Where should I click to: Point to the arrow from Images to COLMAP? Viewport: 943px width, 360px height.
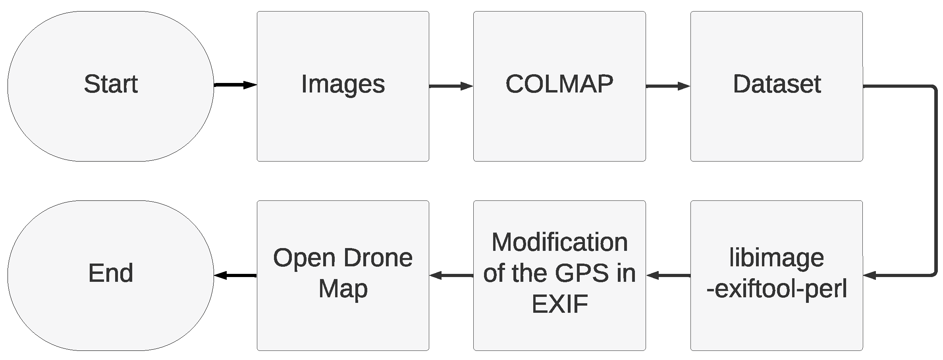[x=451, y=86]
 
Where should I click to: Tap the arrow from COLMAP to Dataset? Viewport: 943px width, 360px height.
[x=667, y=86]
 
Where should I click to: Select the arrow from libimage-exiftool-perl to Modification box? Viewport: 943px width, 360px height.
[x=668, y=275]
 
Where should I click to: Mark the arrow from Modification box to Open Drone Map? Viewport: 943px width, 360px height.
[x=451, y=275]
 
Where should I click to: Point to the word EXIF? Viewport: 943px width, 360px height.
[x=559, y=304]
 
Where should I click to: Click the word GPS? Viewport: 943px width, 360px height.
[x=581, y=273]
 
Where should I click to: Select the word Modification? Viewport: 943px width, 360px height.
[x=559, y=242]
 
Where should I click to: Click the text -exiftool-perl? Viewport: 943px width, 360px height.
[x=776, y=289]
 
